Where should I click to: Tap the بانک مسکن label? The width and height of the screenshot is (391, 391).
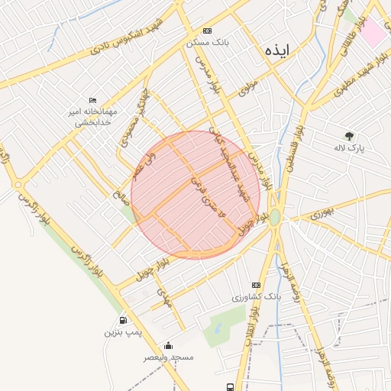point(208,43)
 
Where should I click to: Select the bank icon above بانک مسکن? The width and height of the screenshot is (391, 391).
point(207,32)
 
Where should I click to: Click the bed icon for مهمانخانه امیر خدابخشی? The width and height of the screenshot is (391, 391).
point(93,101)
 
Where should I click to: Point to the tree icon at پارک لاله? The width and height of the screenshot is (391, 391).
point(350,135)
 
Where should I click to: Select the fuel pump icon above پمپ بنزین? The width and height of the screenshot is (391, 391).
point(123,321)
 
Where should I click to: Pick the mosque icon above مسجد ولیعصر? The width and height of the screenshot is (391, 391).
point(168,345)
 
